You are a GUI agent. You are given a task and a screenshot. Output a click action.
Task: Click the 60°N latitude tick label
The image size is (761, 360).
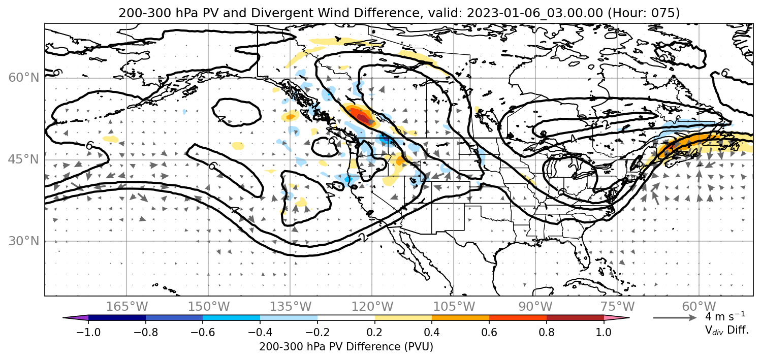pos(24,78)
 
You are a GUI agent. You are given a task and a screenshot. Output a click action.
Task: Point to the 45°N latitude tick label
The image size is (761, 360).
pos(24,159)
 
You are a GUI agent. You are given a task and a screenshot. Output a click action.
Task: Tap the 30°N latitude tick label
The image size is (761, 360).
pos(24,241)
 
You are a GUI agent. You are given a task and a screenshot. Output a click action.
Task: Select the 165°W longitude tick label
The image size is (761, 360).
pos(126,307)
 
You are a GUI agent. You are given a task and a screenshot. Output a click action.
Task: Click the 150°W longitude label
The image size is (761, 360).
pos(209,307)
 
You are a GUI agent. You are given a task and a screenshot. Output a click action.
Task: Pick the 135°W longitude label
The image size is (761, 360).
pos(291,307)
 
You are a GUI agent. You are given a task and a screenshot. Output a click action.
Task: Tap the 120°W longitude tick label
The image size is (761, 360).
pos(372,307)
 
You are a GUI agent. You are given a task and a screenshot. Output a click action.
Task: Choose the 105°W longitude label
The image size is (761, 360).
pos(454,307)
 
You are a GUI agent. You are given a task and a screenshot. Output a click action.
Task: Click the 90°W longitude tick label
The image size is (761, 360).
pos(535,307)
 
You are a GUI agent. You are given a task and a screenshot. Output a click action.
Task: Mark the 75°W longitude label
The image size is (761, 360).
pos(617,307)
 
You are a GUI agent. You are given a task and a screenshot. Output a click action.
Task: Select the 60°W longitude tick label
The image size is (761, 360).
pos(699,307)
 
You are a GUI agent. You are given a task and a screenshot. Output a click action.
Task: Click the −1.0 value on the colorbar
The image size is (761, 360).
pos(88,332)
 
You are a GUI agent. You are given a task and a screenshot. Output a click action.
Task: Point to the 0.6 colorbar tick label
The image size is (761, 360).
pos(489,332)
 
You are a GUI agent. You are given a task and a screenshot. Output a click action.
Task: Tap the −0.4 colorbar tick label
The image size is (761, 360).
pos(260,332)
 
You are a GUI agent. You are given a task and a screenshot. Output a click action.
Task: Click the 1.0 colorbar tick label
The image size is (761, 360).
pos(604,332)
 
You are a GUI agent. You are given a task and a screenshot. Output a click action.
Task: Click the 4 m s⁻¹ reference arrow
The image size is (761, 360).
pos(675,318)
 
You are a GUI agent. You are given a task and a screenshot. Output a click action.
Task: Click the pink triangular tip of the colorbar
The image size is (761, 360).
pos(617,318)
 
